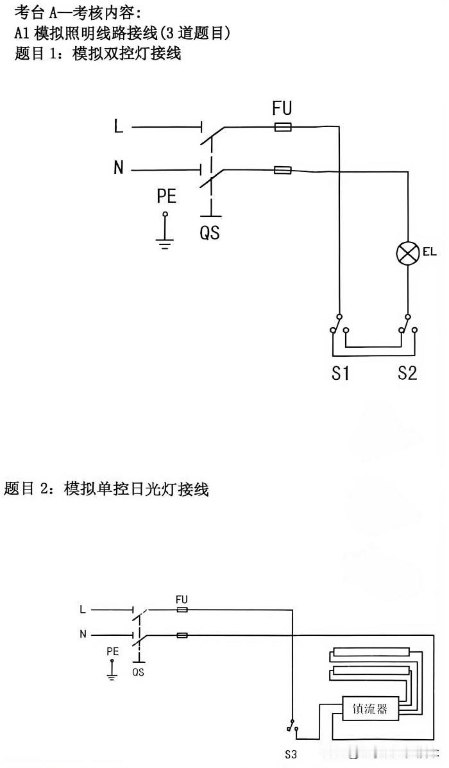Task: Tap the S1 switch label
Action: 340,373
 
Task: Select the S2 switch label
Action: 407,373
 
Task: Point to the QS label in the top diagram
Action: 210,232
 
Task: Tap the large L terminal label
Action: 119,127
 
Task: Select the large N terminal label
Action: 119,168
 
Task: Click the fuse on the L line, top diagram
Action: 282,128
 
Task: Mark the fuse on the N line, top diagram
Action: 282,170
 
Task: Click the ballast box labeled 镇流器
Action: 369,709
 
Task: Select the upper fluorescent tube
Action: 371,653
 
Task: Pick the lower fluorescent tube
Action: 371,671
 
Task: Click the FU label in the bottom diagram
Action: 182,599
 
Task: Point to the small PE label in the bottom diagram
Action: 113,651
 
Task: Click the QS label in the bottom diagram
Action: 138,672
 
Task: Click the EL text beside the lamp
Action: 429,253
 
